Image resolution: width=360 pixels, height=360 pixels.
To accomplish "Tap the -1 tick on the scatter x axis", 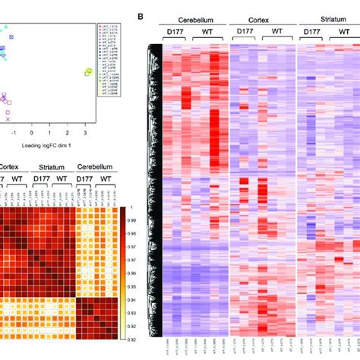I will point(13,131).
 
